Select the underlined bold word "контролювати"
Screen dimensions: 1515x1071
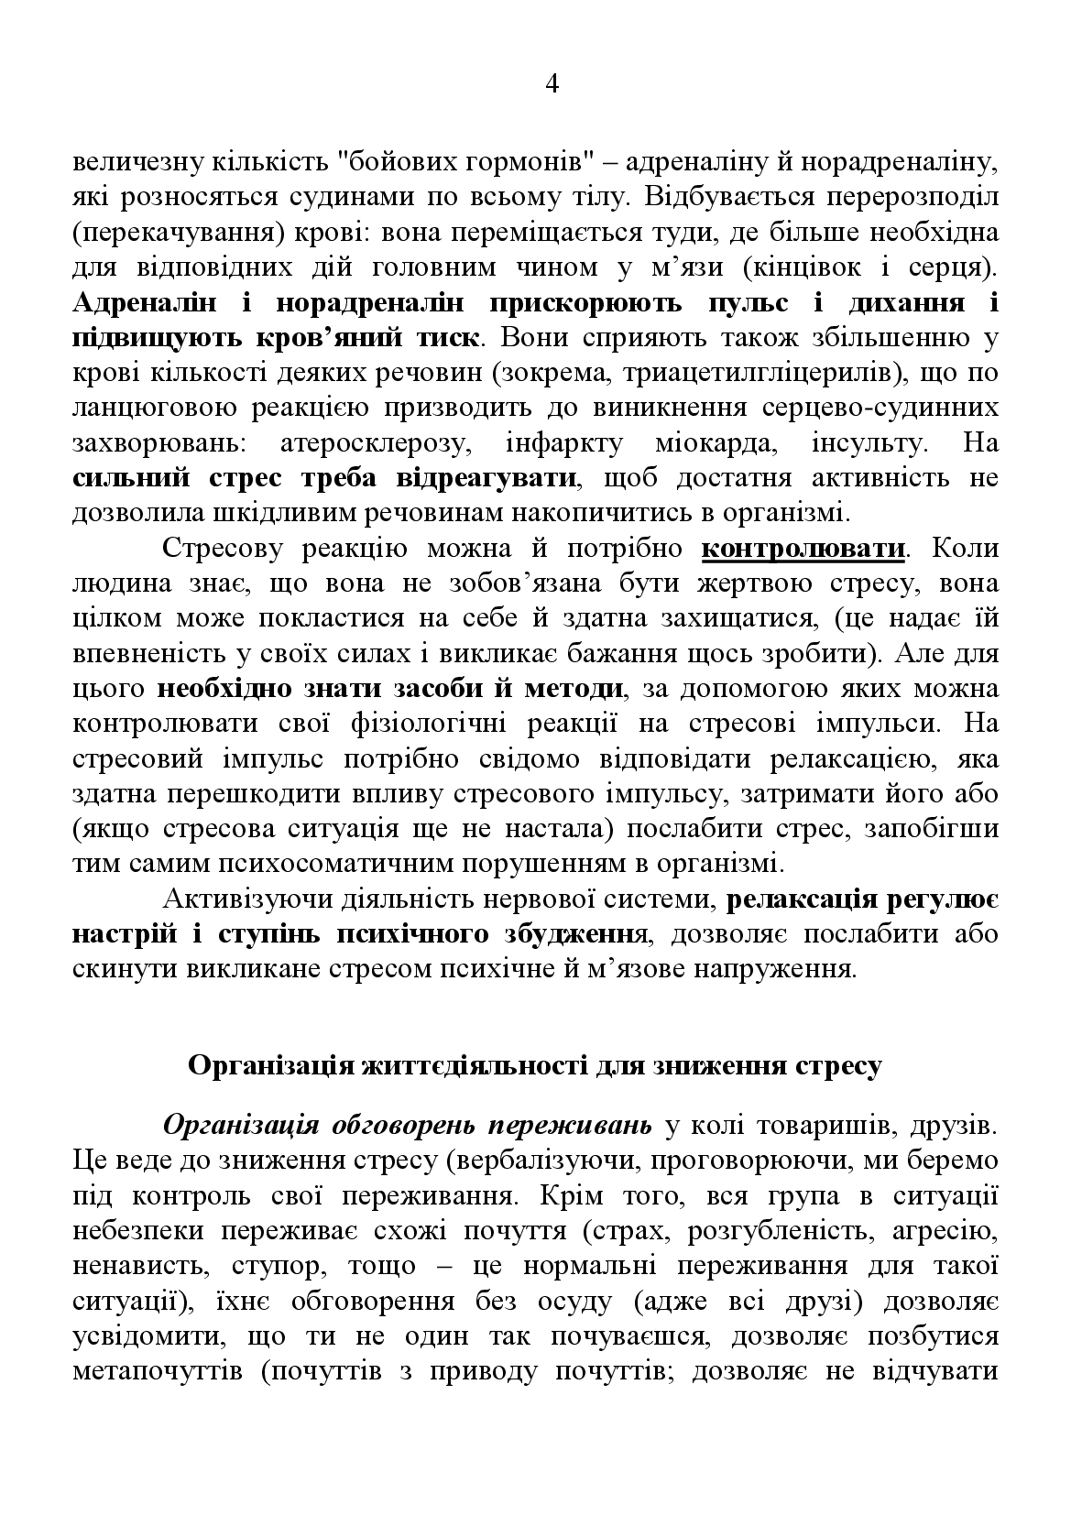point(803,550)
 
